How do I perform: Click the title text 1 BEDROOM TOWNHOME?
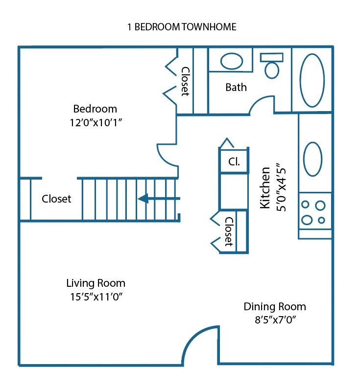182,27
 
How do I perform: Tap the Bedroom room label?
95,109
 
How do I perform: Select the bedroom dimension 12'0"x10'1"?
95,123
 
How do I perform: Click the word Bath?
236,88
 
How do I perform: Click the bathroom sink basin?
231,61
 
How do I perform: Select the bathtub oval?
312,80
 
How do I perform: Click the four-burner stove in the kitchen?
314,212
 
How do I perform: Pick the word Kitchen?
265,188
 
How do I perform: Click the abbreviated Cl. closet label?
234,161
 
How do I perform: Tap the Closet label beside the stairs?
56,199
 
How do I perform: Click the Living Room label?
96,283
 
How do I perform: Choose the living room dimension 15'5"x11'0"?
96,297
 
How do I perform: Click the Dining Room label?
275,307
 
